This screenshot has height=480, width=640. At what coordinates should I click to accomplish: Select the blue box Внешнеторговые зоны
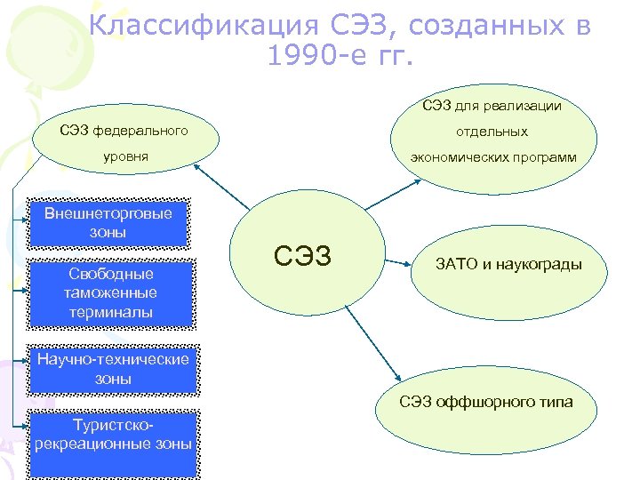(108, 222)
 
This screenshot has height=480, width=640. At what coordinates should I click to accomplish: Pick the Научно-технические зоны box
(112, 369)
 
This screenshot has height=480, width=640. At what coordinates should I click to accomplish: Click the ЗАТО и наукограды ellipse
(508, 264)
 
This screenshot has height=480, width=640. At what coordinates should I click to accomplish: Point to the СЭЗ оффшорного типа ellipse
(486, 403)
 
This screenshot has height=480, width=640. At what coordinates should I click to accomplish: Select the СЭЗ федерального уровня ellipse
(124, 143)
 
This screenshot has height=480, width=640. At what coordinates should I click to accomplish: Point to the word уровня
(124, 156)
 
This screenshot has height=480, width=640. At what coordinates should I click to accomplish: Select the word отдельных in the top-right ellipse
(492, 132)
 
